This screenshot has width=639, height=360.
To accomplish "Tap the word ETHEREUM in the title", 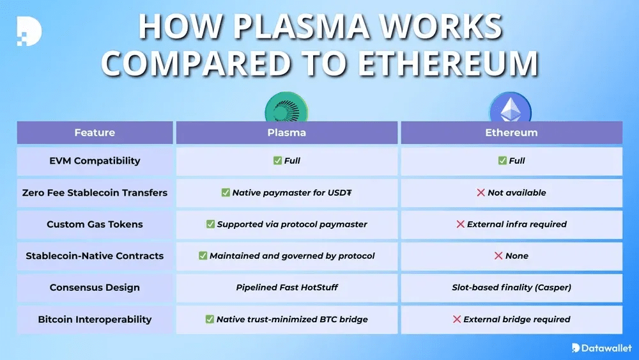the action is [x=449, y=63].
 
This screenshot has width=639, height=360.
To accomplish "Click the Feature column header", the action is [x=95, y=132].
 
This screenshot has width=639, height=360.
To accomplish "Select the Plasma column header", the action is [x=286, y=132].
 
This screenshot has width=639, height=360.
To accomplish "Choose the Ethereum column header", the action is [x=511, y=132].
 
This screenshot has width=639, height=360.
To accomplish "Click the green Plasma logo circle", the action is [x=286, y=107].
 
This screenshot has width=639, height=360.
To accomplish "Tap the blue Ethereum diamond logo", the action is [x=511, y=107].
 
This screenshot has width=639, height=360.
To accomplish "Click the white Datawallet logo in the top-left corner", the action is [x=29, y=31].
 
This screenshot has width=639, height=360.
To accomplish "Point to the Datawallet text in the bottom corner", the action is [x=606, y=348].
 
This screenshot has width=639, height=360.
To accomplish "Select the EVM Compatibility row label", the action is [x=95, y=160].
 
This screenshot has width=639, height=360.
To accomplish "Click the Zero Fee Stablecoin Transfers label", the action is [x=95, y=192].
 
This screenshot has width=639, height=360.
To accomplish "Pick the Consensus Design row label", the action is [x=95, y=288].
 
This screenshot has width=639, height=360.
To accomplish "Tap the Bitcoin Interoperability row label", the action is [x=95, y=319].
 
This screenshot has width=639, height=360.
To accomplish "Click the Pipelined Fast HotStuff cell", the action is [x=287, y=288].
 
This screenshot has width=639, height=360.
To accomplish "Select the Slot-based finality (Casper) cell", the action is [x=511, y=288].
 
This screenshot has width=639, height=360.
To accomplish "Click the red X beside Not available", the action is [x=481, y=192].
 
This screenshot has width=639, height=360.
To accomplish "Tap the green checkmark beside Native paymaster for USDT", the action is [x=226, y=192].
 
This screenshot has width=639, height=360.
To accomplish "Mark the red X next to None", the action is [x=498, y=256].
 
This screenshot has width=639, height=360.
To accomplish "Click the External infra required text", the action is [x=517, y=224].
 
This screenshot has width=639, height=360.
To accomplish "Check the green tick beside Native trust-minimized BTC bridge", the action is [x=210, y=319].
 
